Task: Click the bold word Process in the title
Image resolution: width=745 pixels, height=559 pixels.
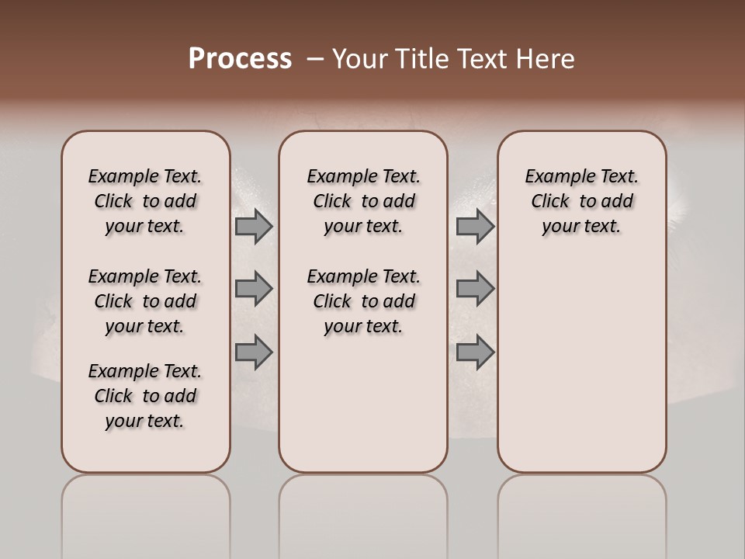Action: coord(240,59)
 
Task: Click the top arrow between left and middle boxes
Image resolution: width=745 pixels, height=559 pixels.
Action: coord(254,227)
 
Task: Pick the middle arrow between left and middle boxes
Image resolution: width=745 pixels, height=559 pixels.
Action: coord(254,289)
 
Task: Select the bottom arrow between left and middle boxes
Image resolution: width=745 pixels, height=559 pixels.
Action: coord(254,352)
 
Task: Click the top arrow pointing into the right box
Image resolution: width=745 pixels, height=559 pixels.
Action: coord(475,227)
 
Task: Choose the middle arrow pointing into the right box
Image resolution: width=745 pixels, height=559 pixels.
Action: coord(475,289)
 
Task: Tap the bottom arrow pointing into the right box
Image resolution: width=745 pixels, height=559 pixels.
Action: coord(475,352)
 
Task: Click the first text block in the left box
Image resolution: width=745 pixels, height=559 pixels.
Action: coord(145,201)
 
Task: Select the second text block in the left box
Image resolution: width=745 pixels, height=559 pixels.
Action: coord(145,301)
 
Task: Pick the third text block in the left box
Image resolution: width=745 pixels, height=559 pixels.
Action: coord(145,396)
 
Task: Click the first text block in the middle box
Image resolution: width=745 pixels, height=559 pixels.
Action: coord(363,201)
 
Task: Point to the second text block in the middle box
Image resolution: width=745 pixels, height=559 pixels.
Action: coord(363,301)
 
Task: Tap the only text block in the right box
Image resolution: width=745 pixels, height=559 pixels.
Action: coord(581,201)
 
